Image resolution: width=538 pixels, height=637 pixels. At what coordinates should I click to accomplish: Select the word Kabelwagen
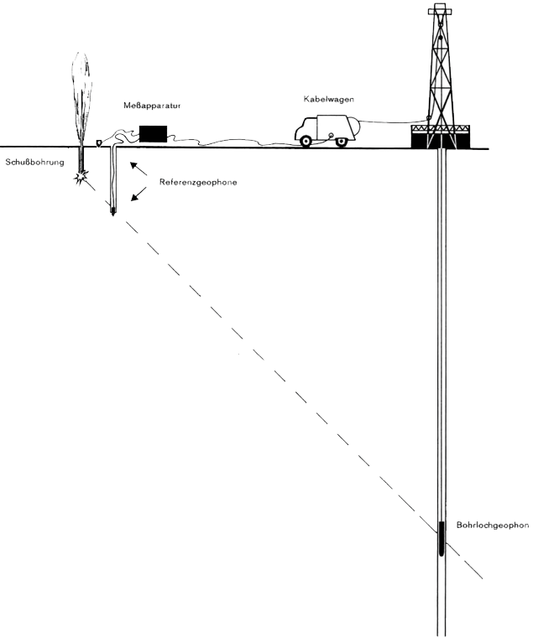point(328,99)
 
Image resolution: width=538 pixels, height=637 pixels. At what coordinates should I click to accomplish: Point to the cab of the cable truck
point(306,128)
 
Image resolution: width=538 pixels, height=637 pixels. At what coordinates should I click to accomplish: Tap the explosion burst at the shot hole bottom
point(82,178)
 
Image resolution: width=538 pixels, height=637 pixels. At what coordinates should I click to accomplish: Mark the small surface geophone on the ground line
point(100,142)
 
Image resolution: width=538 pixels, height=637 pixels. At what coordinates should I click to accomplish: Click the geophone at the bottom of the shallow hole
point(113,211)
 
